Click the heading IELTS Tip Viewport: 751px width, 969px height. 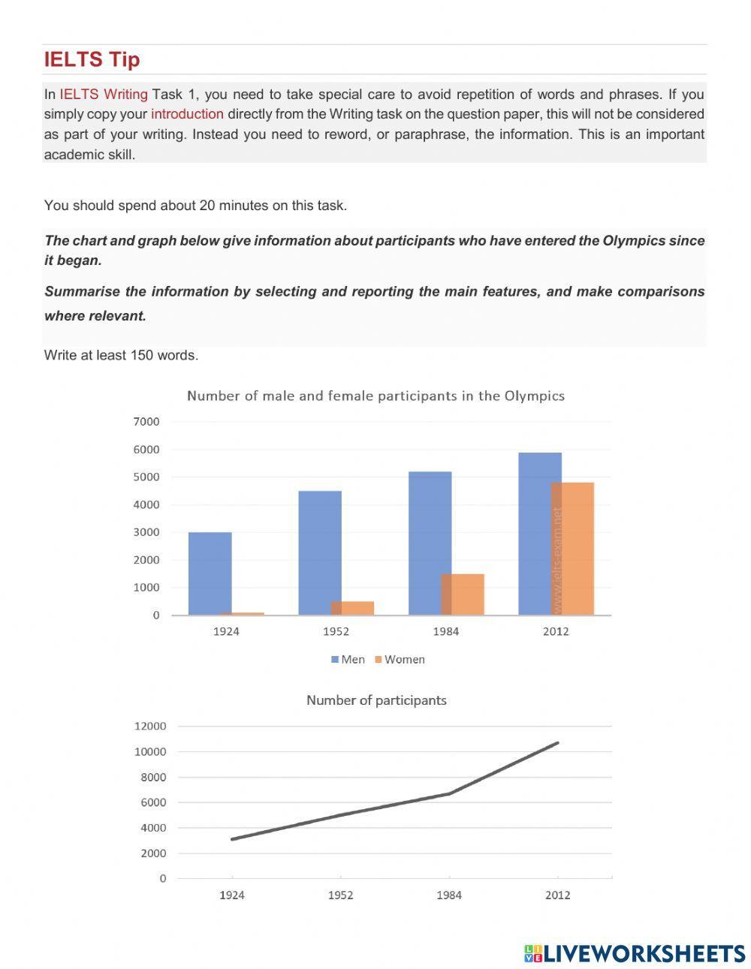coord(92,59)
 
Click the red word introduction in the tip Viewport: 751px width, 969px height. coord(187,114)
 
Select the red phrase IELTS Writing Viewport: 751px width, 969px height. coord(104,95)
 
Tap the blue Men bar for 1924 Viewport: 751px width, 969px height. coord(210,573)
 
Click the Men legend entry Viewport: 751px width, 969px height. coord(347,659)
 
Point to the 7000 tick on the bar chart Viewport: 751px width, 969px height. coord(146,422)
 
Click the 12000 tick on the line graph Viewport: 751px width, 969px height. coord(150,726)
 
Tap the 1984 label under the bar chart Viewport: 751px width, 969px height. coord(445,631)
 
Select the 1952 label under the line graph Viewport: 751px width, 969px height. coord(340,895)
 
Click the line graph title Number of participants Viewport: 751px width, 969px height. coord(376,700)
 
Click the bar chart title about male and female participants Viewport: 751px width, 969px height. coord(375,396)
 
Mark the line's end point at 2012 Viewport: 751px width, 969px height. coord(557,743)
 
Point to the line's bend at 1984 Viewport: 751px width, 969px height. coord(449,793)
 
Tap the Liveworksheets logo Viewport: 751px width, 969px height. coord(635,953)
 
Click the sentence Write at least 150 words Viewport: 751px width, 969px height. coord(121,355)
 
